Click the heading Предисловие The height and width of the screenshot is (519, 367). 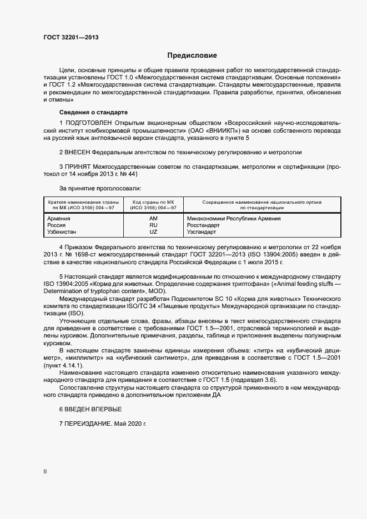(192, 56)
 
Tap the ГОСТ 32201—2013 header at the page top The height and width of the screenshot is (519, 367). (72, 38)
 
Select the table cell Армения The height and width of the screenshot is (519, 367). (59, 219)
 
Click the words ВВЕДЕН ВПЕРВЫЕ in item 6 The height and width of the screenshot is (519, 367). (94, 409)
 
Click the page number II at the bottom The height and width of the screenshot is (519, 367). (45, 472)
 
